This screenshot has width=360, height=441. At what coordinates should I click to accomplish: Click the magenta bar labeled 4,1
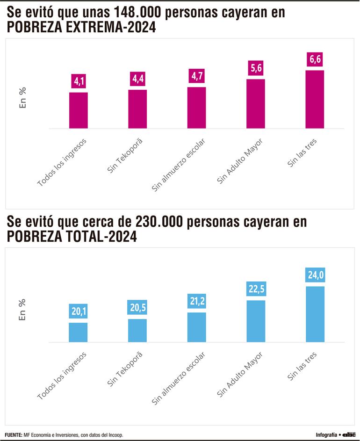point(79,110)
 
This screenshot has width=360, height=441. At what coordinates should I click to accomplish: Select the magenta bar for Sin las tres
point(315,99)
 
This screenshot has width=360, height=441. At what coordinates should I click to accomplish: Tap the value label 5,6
point(256,68)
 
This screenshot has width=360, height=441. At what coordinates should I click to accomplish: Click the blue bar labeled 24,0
point(315,314)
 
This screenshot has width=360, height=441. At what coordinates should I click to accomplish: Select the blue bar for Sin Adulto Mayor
point(256,321)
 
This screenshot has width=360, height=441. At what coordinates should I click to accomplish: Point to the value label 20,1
point(79,311)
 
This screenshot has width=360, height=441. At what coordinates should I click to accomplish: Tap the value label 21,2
point(196,301)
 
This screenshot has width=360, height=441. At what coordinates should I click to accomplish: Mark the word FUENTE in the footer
point(14,435)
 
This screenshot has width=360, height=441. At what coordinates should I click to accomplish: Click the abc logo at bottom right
point(349,435)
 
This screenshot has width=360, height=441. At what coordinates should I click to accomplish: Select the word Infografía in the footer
point(326,435)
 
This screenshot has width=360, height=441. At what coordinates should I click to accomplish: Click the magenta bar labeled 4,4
point(137,109)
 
